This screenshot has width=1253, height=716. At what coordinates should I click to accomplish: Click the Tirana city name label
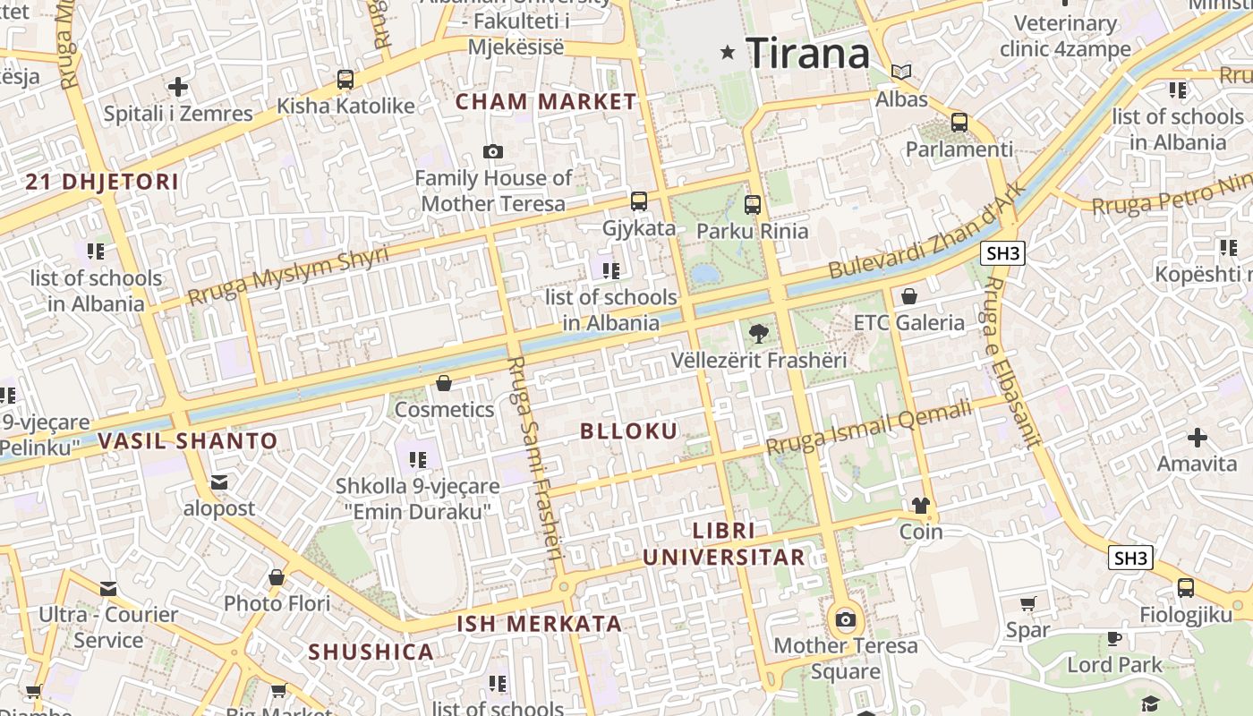pos(807,53)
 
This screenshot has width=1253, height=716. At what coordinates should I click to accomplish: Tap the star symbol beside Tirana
pos(729,53)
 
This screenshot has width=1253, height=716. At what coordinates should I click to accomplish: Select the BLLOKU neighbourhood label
pos(629,431)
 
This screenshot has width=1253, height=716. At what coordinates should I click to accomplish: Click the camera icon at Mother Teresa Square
pos(846,619)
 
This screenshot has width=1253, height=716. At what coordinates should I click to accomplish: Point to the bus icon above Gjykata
pos(638,201)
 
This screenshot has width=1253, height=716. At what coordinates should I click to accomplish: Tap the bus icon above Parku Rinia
pos(752,204)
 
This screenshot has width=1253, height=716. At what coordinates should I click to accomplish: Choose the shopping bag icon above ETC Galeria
pos(909,296)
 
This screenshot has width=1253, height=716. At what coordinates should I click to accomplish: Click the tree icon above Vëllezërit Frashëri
pos(758,334)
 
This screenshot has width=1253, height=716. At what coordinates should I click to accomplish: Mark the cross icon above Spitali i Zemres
pos(178,87)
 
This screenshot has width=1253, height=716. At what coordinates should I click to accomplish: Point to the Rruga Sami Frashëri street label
pos(535,457)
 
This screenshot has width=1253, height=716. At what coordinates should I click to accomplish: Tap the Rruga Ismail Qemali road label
pos(868,428)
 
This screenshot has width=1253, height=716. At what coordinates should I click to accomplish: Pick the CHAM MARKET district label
pos(546,102)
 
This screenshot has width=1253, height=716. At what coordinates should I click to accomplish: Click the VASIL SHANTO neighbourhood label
pos(188,440)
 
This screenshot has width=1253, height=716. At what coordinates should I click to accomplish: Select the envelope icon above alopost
pos(219,482)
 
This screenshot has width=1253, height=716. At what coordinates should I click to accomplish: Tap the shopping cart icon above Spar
pos(1027,604)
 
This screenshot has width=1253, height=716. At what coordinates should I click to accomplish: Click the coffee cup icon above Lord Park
pos(1114,638)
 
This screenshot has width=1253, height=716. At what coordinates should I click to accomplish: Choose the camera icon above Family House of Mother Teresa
pos(493,152)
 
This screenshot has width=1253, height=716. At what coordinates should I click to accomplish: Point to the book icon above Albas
pos(901,72)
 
